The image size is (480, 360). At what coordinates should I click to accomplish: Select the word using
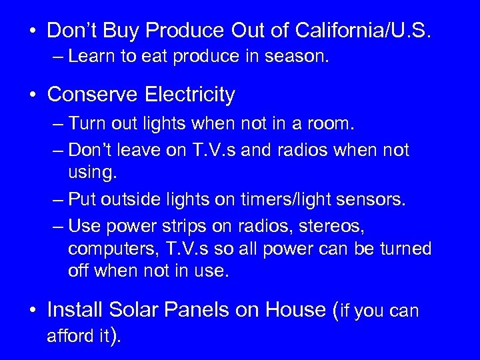pyautogui.click(x=91, y=173)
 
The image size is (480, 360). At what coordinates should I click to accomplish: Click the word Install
pyautogui.click(x=74, y=309)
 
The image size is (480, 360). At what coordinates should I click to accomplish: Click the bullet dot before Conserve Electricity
pyautogui.click(x=32, y=95)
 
